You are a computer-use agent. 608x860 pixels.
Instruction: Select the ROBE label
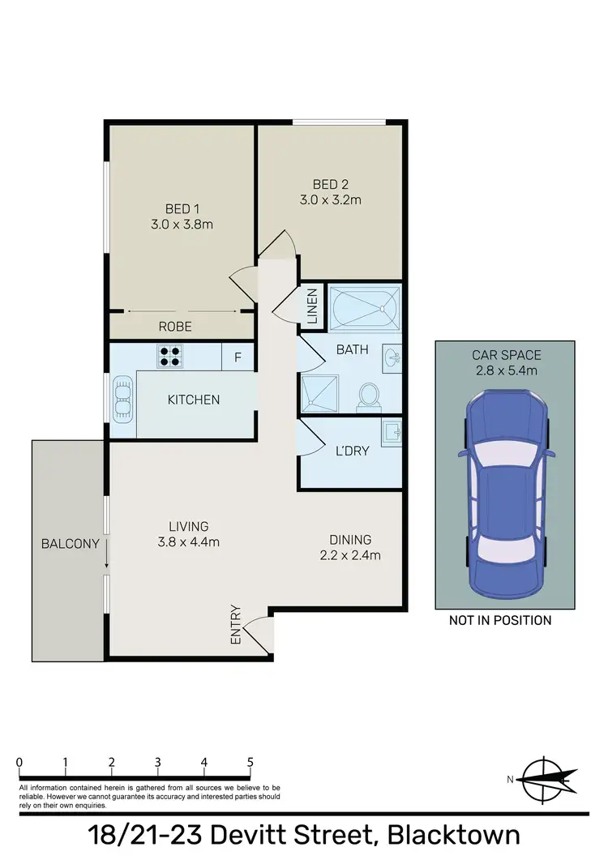(x=174, y=327)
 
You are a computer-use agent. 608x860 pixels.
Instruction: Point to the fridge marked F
(x=238, y=355)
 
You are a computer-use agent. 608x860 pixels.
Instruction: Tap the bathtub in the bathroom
(x=366, y=306)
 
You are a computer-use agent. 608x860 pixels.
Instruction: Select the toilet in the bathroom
(x=368, y=395)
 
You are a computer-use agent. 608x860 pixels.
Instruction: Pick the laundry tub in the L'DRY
(x=392, y=433)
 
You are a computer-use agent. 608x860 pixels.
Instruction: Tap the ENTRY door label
(x=236, y=625)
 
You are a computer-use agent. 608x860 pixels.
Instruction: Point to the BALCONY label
(x=70, y=544)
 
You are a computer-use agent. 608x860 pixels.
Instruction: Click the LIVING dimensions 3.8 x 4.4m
(x=188, y=542)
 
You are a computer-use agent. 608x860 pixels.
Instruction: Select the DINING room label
(x=349, y=539)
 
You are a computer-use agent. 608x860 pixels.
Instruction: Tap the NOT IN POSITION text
(x=500, y=620)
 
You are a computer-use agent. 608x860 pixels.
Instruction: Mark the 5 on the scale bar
(x=250, y=762)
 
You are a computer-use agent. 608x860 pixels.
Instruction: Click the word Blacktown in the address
(x=453, y=836)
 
